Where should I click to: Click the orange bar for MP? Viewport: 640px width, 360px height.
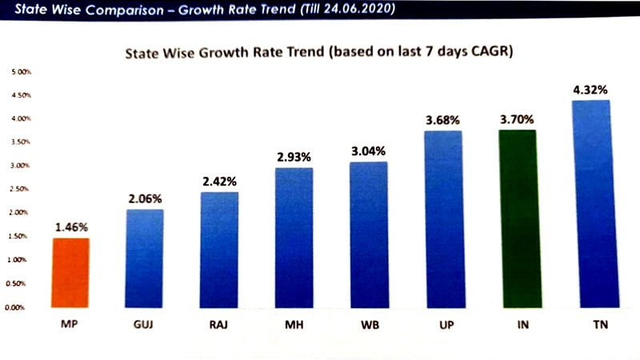coord(71,272)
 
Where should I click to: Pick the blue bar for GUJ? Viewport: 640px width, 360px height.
coord(146,258)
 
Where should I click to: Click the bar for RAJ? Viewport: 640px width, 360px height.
coord(220,249)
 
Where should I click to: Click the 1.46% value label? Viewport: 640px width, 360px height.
coord(71,226)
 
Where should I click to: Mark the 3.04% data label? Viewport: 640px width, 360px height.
coord(370,150)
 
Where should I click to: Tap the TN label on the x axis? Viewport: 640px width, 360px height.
coord(594,328)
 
